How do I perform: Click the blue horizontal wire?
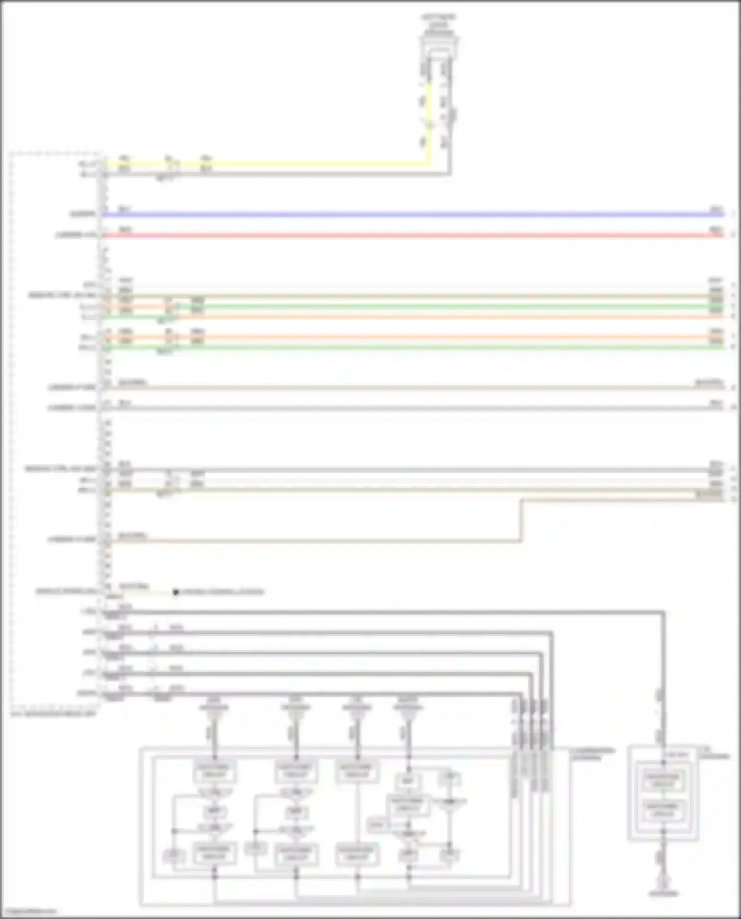point(395,215)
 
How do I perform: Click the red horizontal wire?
point(395,235)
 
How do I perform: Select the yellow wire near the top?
point(296,163)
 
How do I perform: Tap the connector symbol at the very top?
point(439,44)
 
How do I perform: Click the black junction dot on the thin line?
point(175,592)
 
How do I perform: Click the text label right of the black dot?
point(222,592)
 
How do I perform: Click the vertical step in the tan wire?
point(521,521)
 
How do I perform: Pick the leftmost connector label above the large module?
point(214,704)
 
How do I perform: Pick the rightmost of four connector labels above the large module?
point(408,704)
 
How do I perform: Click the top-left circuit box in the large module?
point(214,771)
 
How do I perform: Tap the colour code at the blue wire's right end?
point(716,210)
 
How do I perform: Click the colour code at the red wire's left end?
point(125,230)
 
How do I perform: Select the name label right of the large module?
point(591,754)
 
